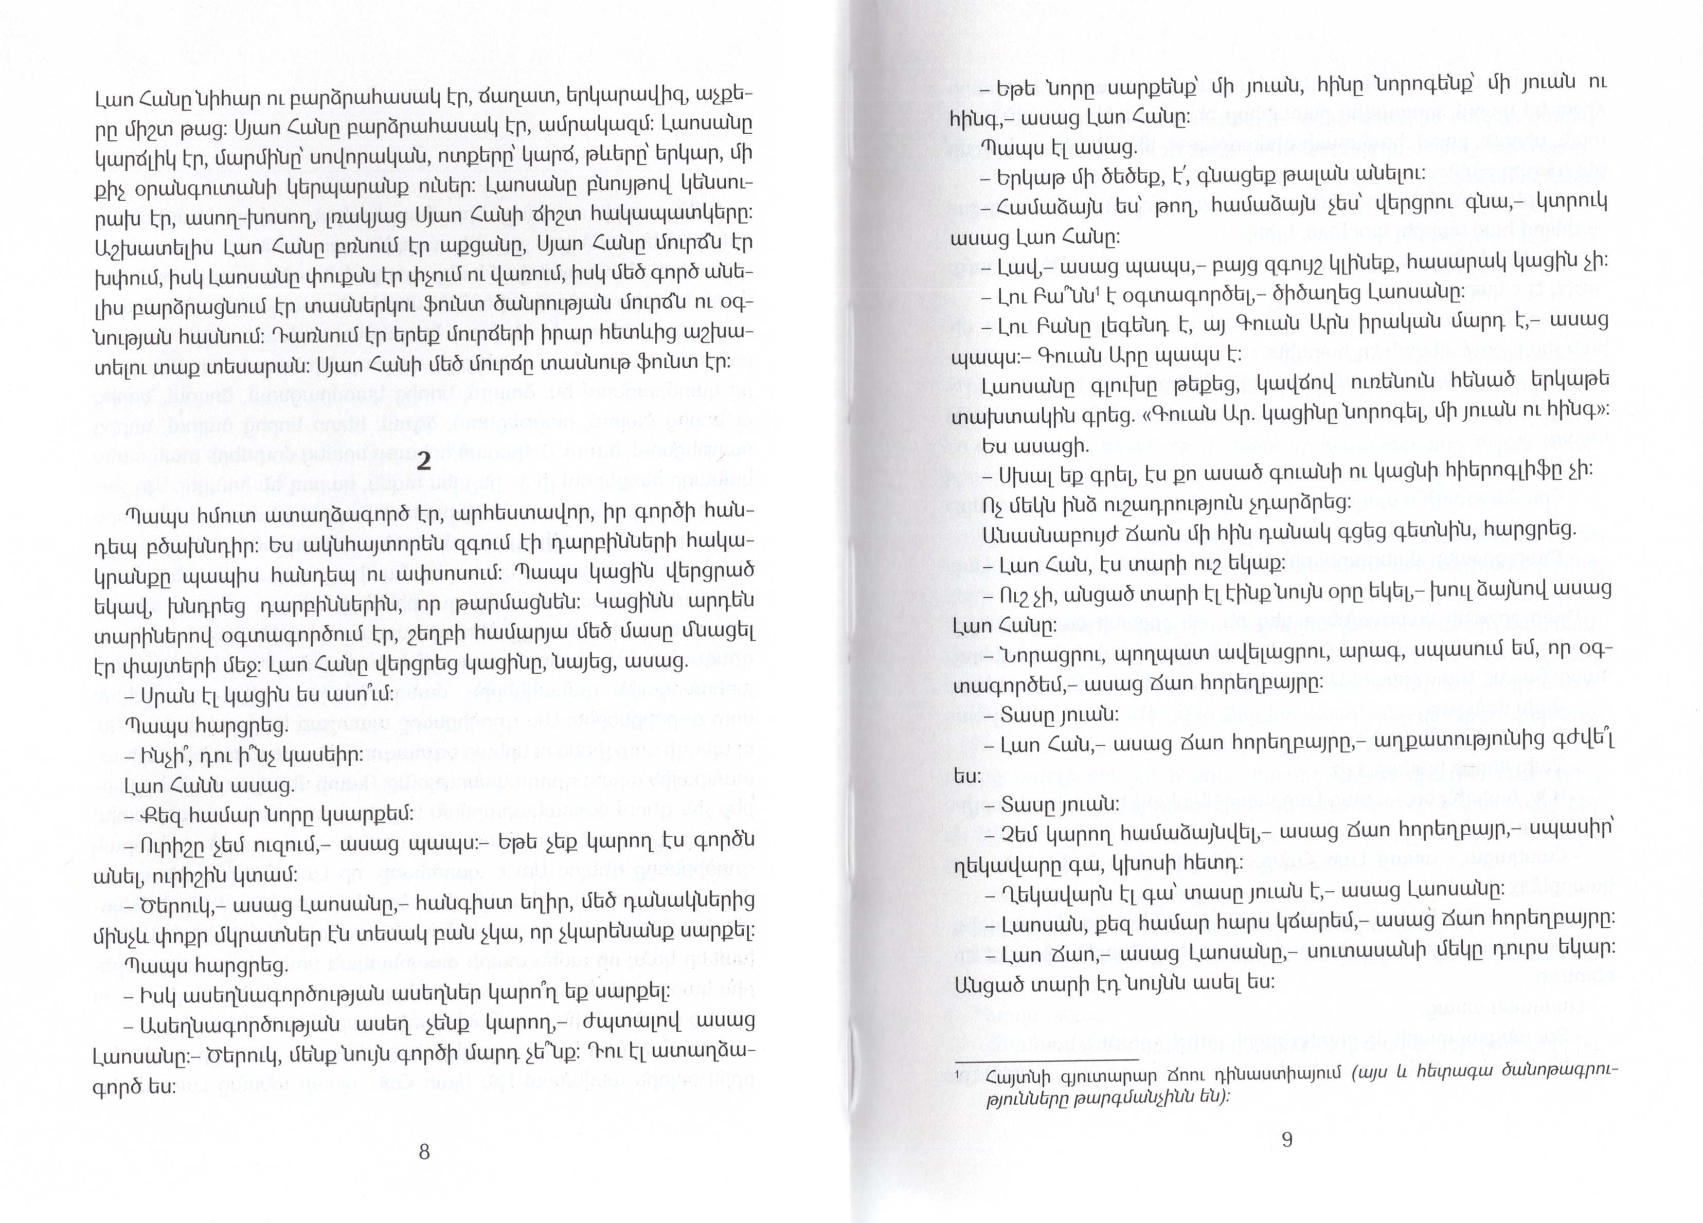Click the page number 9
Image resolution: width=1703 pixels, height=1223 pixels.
(x=1286, y=1140)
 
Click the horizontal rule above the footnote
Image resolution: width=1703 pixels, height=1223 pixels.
(x=1048, y=1059)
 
